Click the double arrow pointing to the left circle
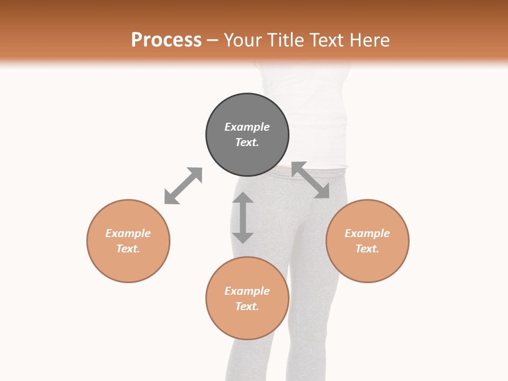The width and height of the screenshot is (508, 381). pos(183,186)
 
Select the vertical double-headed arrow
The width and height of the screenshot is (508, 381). pos(243,217)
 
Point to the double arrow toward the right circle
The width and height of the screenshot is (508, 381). pos(311,180)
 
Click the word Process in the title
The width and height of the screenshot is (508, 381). pos(166,40)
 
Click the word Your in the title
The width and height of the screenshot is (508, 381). pos(243,40)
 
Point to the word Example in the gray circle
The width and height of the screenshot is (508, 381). pos(247,127)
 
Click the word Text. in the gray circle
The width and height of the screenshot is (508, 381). pos(247,142)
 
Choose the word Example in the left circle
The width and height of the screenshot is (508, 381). pos(128,233)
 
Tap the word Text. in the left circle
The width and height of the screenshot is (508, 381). pos(128,249)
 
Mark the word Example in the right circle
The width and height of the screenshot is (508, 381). pos(367,233)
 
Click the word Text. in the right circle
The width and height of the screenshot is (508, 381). pos(367,249)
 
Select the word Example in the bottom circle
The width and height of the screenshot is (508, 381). pos(247,291)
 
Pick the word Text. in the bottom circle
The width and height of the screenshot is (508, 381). pos(247,306)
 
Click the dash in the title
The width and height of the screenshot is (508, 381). pos(213,41)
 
